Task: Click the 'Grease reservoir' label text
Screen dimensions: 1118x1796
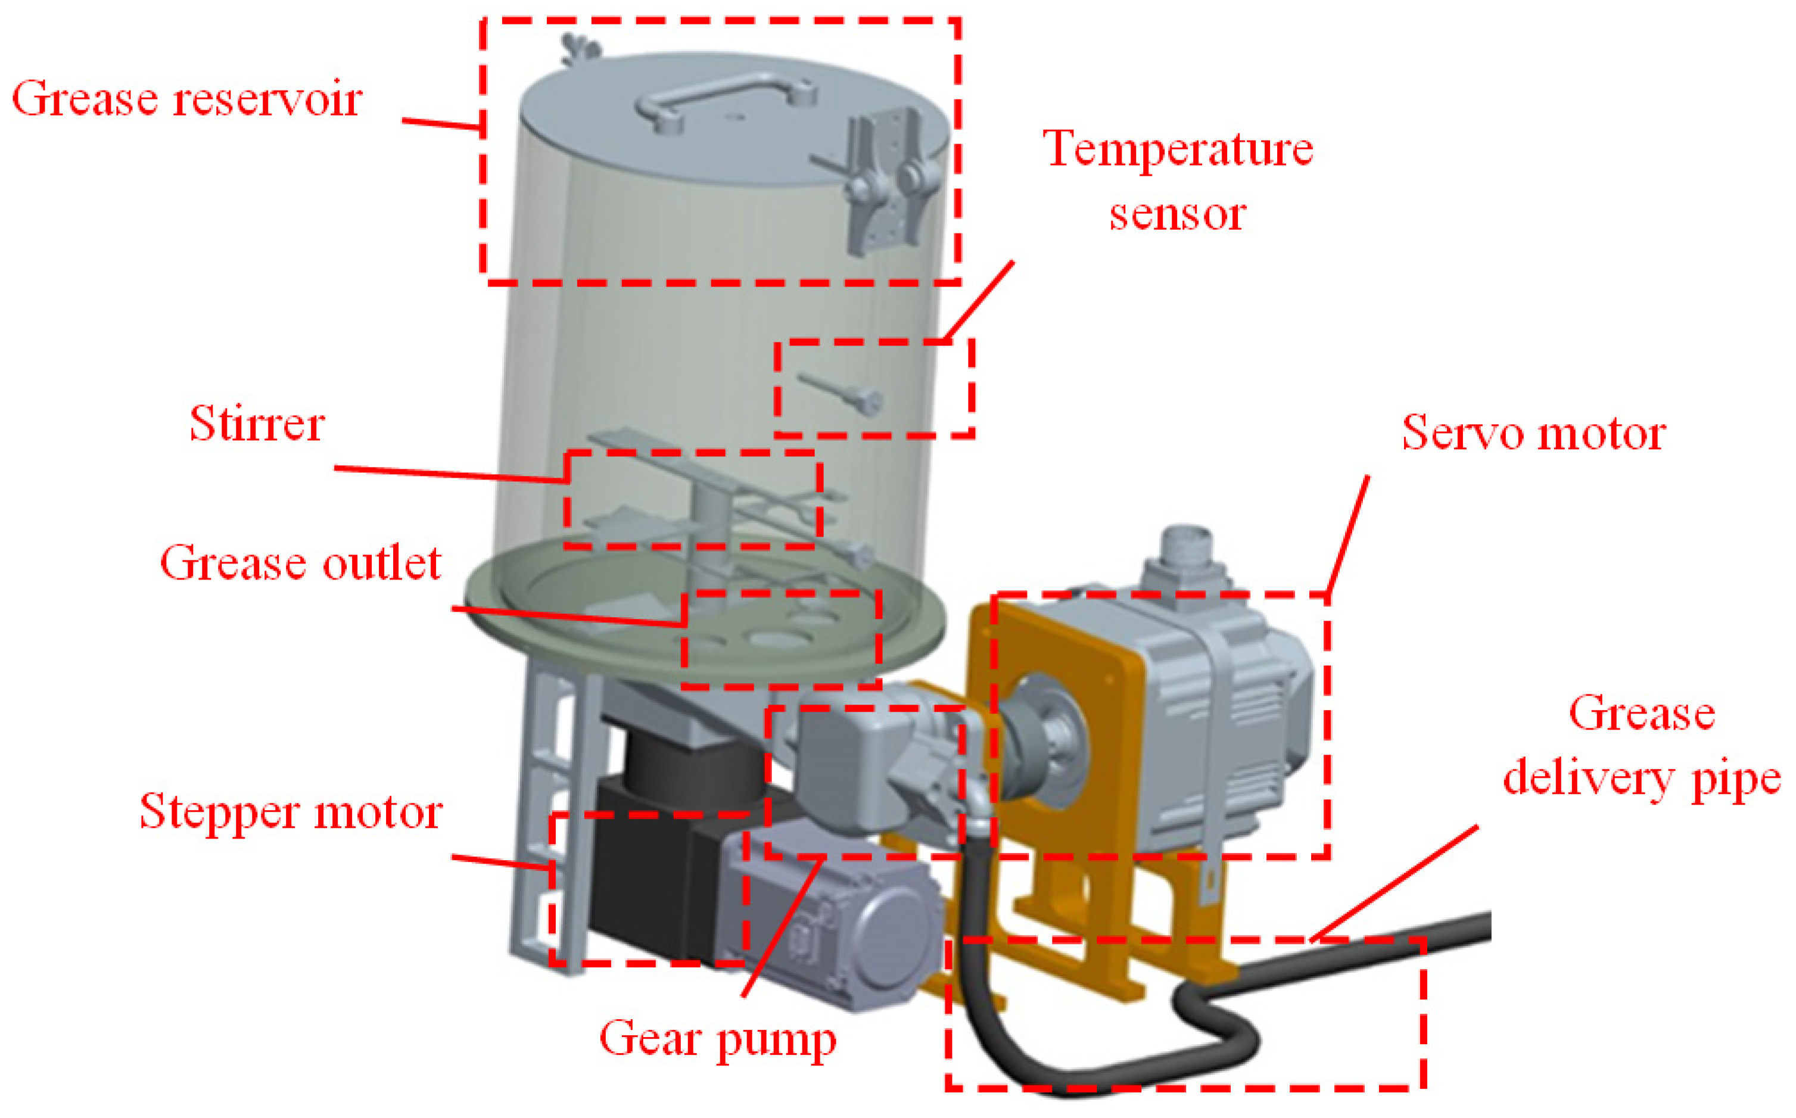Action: click(186, 99)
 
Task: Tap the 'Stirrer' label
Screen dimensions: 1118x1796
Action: click(257, 425)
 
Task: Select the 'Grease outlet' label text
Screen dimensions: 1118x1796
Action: click(300, 563)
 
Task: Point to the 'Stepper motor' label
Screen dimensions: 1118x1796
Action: click(291, 812)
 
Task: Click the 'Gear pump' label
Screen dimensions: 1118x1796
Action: click(717, 1039)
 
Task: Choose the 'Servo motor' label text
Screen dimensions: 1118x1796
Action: click(1533, 432)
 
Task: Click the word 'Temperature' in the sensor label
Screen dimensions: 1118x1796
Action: click(1178, 149)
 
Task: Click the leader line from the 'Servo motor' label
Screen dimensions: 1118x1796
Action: click(1347, 536)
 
